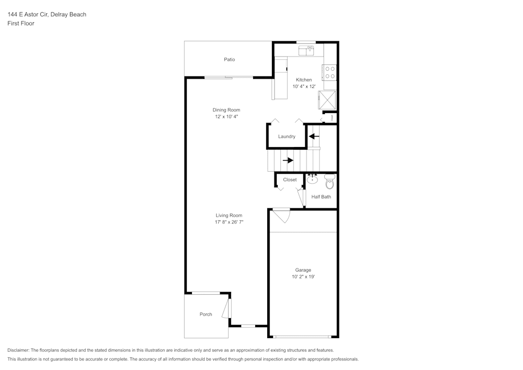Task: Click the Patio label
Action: [229, 60]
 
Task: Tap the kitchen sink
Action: [306, 50]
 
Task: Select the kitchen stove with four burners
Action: [329, 72]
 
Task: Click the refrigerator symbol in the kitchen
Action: [328, 99]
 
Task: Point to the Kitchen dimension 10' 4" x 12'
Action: [304, 86]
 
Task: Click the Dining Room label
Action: [226, 110]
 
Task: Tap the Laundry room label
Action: [287, 137]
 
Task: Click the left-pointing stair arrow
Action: [314, 137]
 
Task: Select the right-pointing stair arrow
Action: [288, 160]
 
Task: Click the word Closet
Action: [290, 180]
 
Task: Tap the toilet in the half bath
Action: [329, 182]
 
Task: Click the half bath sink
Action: [312, 180]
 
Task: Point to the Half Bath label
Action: [321, 197]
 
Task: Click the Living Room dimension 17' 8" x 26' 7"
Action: [229, 222]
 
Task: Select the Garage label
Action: [303, 270]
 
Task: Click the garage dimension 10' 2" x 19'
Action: [303, 277]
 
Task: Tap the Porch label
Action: [206, 315]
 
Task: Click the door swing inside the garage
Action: [281, 215]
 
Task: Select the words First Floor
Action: [21, 24]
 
